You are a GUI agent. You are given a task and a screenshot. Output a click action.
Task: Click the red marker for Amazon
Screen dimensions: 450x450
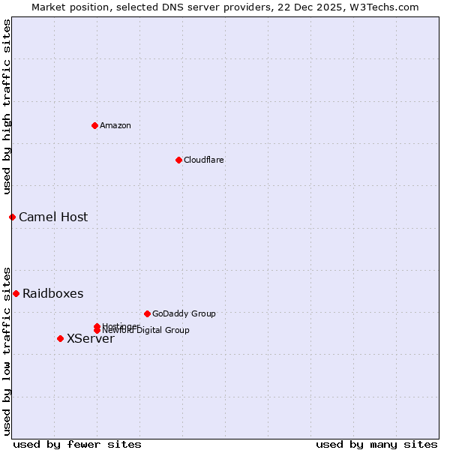(x=94, y=125)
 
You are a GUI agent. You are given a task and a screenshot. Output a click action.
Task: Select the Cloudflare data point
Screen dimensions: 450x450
(x=178, y=160)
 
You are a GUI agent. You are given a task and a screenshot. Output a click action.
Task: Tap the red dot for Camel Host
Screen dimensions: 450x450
(x=12, y=217)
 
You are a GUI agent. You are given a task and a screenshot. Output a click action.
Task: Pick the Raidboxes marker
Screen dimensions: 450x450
(x=16, y=293)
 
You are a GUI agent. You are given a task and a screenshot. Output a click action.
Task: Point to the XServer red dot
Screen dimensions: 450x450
(x=60, y=338)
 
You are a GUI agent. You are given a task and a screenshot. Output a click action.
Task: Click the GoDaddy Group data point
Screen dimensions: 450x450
(x=147, y=313)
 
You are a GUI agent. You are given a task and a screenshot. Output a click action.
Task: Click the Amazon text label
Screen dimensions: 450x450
(x=115, y=125)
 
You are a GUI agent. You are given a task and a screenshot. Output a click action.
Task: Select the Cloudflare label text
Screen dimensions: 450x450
(x=204, y=160)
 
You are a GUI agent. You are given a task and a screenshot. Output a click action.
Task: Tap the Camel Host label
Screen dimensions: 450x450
(x=53, y=217)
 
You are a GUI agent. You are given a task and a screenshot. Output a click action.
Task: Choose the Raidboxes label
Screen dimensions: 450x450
(x=53, y=294)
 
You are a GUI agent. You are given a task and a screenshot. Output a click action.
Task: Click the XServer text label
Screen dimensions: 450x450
(x=91, y=339)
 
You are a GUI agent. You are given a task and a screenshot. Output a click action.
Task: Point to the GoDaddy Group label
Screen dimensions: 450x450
(x=184, y=313)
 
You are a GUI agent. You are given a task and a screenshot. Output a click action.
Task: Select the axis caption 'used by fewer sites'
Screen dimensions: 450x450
(x=77, y=444)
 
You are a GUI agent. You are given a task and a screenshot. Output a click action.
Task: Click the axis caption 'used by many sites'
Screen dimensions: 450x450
(x=376, y=444)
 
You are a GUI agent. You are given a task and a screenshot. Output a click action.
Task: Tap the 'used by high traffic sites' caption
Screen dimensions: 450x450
(x=7, y=106)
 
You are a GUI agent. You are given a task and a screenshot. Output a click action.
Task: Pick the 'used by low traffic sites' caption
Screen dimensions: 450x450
(x=7, y=350)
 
